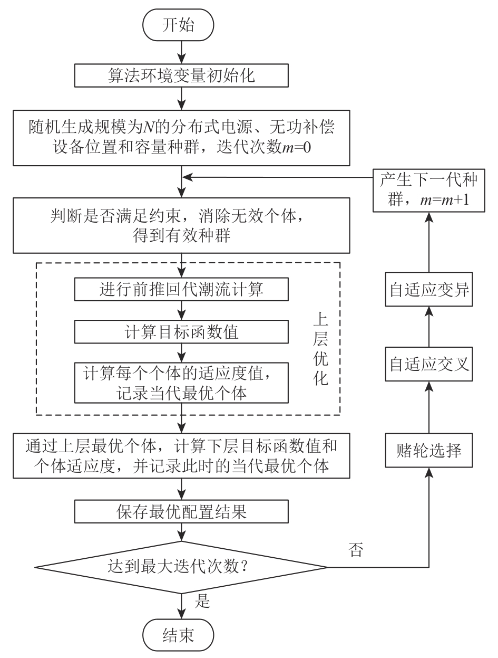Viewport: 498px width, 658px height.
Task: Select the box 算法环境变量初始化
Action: pyautogui.click(x=182, y=75)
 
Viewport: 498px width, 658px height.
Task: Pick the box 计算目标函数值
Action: pyautogui.click(x=182, y=332)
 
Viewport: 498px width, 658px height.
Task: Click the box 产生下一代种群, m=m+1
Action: pyautogui.click(x=429, y=190)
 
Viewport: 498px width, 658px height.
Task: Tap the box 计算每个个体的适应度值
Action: pyautogui.click(x=182, y=382)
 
